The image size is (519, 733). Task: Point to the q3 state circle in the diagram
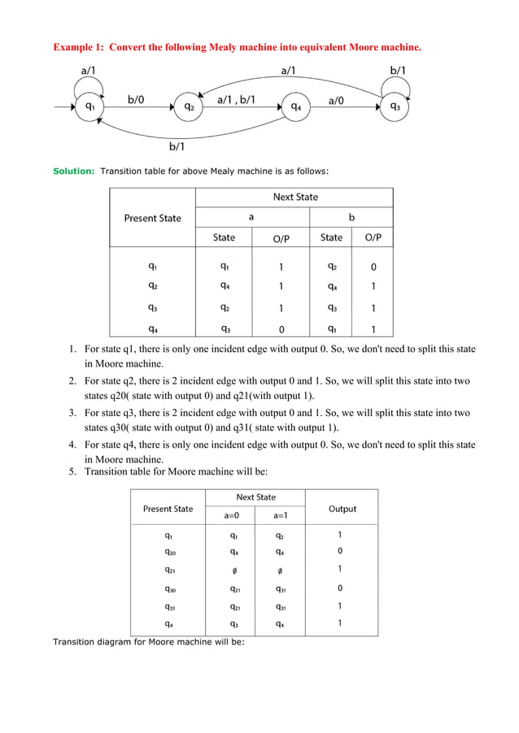pyautogui.click(x=395, y=106)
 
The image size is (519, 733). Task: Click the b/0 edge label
pyautogui.click(x=137, y=100)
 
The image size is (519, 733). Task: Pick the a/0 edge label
pyautogui.click(x=335, y=100)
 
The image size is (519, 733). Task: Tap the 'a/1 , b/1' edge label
pyautogui.click(x=236, y=100)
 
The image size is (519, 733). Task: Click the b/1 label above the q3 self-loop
pyautogui.click(x=399, y=71)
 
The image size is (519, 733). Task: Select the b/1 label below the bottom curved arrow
pyautogui.click(x=177, y=147)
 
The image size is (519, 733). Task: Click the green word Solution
pyautogui.click(x=73, y=171)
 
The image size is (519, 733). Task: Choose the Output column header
pyautogui.click(x=342, y=509)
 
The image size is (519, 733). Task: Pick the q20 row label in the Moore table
pyautogui.click(x=168, y=552)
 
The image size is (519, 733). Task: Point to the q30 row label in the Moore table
pyautogui.click(x=168, y=588)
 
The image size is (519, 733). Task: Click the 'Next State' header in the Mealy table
pyautogui.click(x=295, y=197)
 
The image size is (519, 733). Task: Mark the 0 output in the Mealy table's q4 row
pyautogui.click(x=281, y=330)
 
